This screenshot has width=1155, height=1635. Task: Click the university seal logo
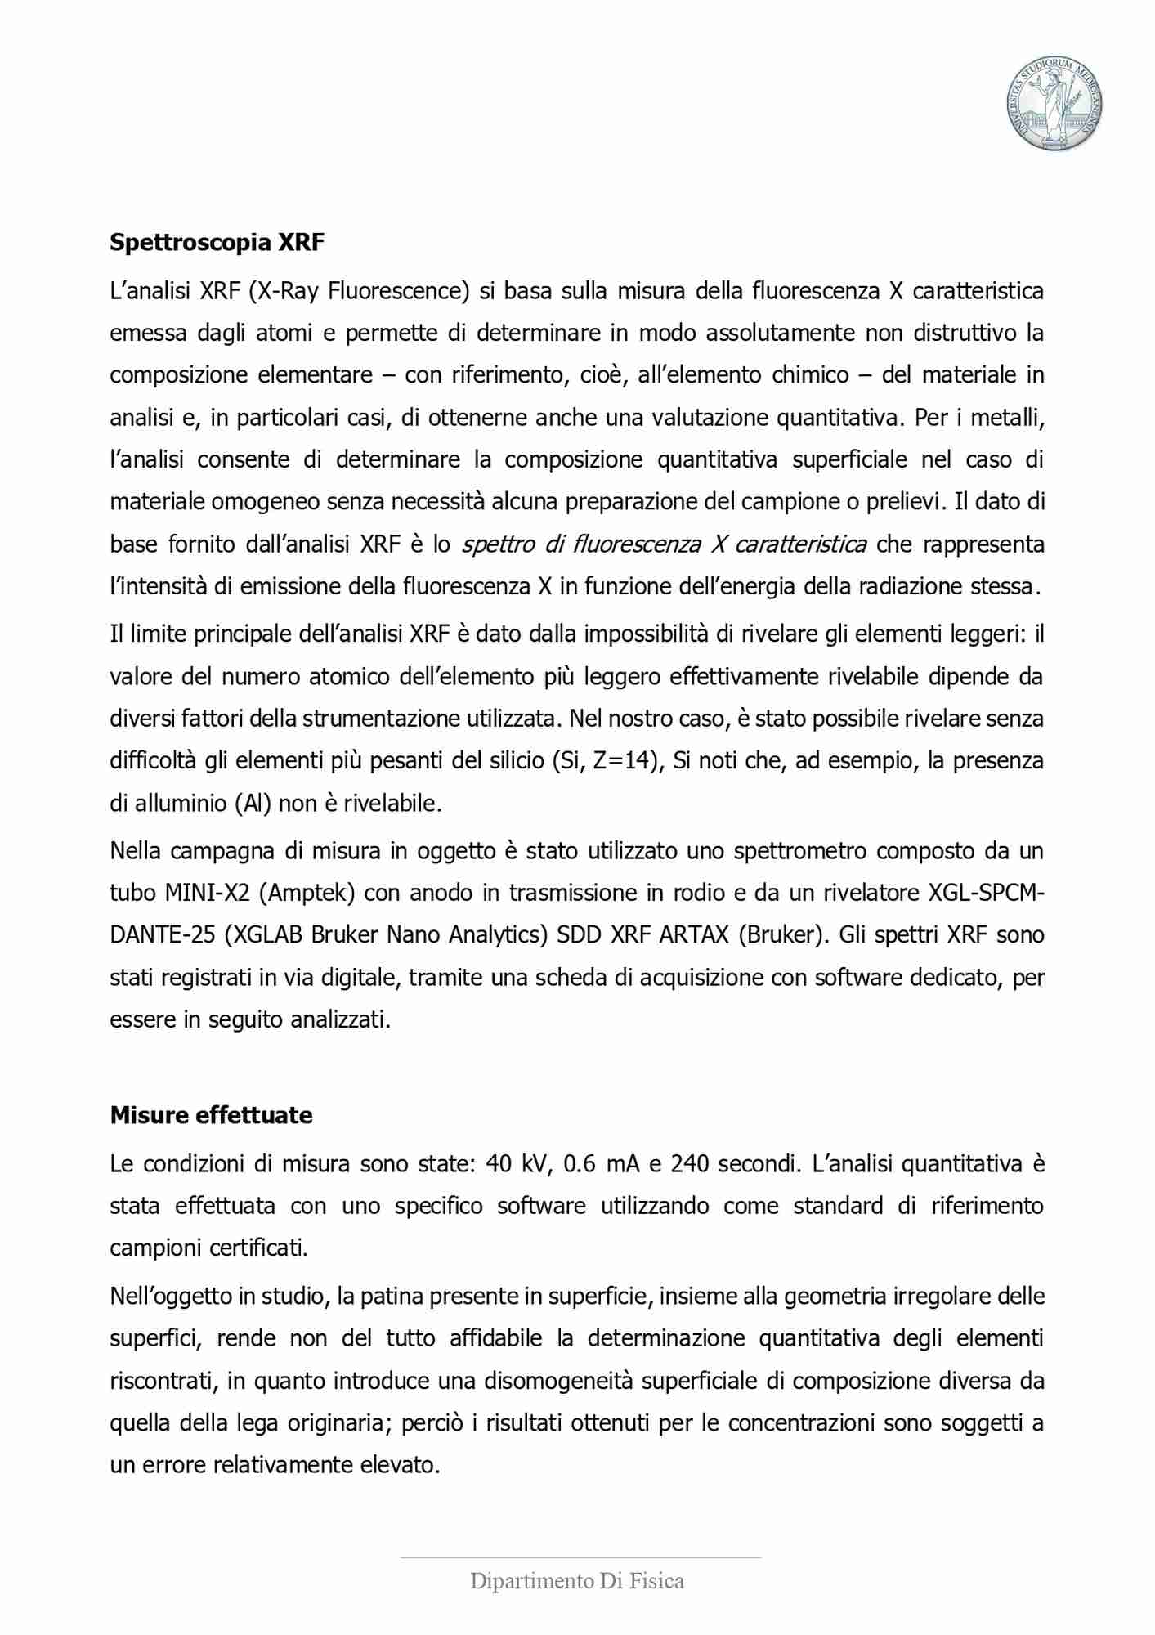(1054, 104)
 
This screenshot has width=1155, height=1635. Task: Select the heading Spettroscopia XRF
(217, 242)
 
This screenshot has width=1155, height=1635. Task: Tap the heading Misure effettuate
(211, 1115)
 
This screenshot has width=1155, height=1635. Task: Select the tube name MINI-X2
(207, 893)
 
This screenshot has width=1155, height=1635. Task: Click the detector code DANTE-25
(162, 934)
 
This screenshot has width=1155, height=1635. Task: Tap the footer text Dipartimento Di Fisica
(576, 1581)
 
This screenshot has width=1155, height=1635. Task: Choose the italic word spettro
(499, 544)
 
